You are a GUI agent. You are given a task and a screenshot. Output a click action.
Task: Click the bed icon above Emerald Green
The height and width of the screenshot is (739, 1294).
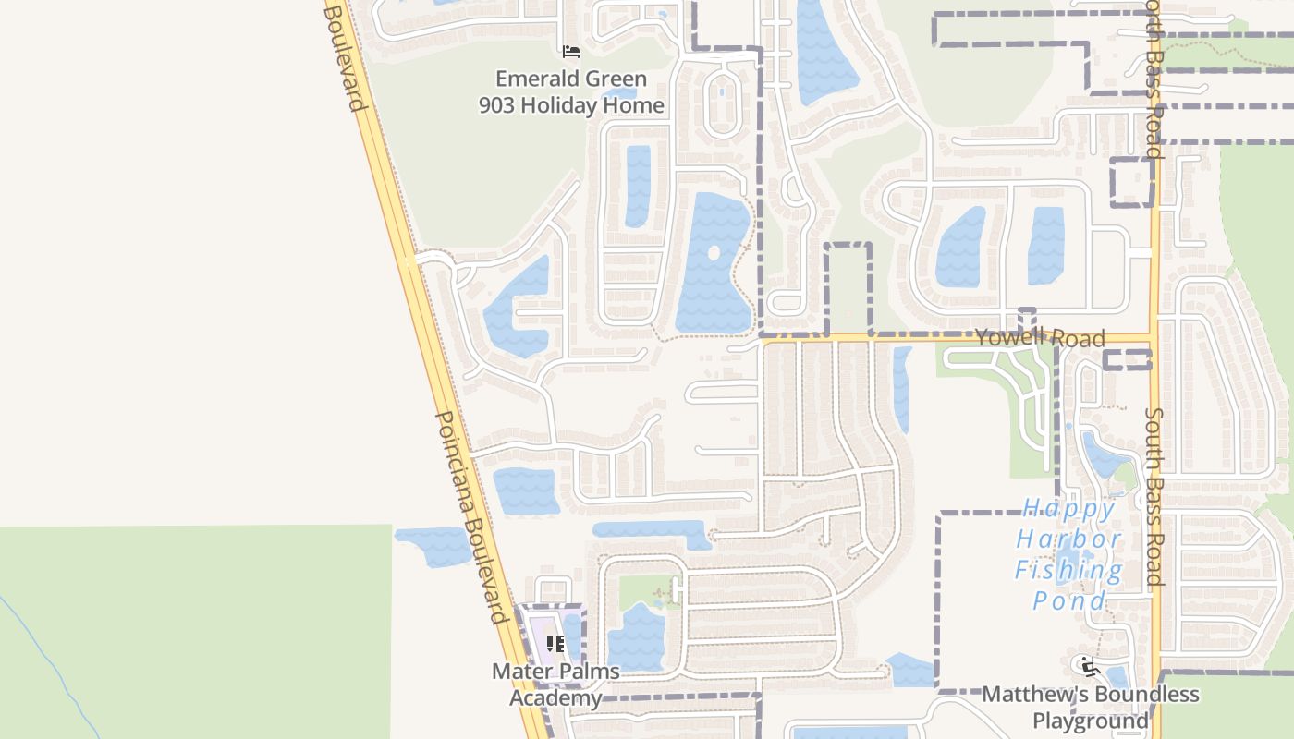(571, 52)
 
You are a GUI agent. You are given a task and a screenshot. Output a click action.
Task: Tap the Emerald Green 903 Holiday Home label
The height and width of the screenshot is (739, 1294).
(571, 92)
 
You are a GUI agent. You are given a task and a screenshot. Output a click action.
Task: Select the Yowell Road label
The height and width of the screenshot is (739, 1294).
(1040, 337)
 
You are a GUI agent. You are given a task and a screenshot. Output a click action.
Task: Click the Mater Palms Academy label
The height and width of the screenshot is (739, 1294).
(555, 684)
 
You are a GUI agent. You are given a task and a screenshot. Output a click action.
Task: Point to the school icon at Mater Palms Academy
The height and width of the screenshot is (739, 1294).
(555, 643)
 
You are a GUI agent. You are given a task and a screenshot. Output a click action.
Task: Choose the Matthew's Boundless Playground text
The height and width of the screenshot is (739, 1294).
(1091, 707)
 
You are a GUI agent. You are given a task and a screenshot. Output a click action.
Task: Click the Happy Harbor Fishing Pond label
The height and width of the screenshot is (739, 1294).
(1069, 554)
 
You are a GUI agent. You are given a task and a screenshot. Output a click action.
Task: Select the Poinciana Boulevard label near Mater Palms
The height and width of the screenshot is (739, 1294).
(472, 517)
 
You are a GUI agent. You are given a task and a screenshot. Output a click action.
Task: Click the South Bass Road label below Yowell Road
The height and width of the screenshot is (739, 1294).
(1154, 496)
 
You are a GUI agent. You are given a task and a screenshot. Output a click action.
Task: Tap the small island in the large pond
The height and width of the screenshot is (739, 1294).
(713, 252)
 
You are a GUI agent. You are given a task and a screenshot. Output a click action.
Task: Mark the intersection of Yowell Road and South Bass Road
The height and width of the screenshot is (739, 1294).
(1154, 338)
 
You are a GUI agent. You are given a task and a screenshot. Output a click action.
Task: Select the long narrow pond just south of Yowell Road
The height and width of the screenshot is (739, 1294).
(902, 388)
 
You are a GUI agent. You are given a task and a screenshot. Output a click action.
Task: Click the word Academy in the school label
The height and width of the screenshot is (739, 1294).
(555, 697)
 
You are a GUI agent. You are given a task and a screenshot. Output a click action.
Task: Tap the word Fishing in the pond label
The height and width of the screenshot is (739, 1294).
(1069, 570)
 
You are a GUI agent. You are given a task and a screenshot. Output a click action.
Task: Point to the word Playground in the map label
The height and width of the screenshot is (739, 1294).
(1091, 721)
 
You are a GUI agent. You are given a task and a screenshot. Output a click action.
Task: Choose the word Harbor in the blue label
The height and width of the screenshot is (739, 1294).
(1069, 539)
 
